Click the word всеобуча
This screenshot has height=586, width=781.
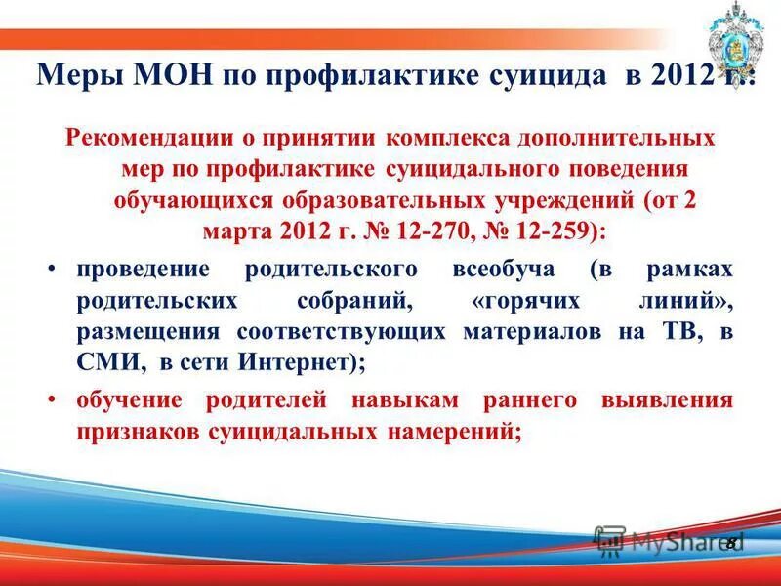(x=505, y=269)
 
